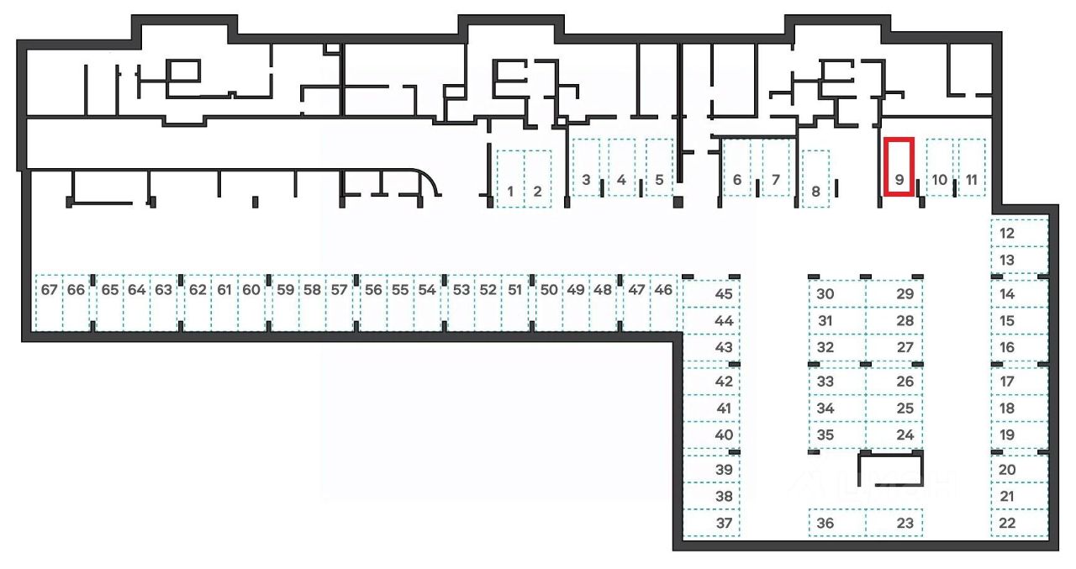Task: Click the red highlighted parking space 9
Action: click(x=899, y=166)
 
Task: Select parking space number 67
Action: click(x=49, y=303)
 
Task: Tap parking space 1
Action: click(x=510, y=178)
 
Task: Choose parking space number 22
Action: click(x=1019, y=523)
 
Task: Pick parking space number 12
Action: click(x=1019, y=233)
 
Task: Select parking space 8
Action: click(x=815, y=178)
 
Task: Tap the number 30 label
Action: click(x=825, y=294)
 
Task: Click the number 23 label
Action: click(x=905, y=523)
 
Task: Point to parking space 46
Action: click(x=663, y=303)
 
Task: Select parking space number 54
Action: click(x=427, y=303)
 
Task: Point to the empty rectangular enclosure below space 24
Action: click(x=889, y=469)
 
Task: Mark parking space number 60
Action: click(x=251, y=303)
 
